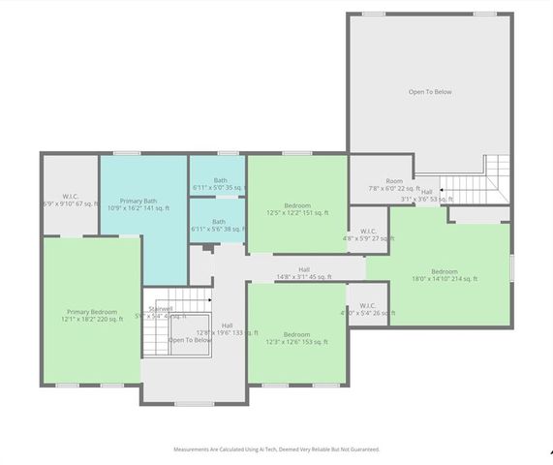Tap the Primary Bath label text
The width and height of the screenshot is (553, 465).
click(138, 201)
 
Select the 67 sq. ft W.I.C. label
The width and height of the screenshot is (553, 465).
click(70, 197)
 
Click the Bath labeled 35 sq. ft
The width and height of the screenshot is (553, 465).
click(219, 180)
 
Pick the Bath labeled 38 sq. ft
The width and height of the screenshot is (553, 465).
click(219, 222)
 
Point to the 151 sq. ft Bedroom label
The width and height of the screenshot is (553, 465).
click(297, 205)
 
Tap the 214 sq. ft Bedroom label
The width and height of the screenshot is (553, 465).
click(445, 271)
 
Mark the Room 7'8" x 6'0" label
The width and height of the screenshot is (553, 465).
click(393, 181)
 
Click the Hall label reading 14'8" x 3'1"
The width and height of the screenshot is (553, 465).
click(304, 270)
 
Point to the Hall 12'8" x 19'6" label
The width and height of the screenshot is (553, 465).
click(227, 325)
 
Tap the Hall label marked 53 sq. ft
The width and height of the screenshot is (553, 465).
click(427, 192)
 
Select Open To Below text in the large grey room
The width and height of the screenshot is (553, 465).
click(430, 92)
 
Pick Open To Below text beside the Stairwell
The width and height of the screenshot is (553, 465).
click(190, 340)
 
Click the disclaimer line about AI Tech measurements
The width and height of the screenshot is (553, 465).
click(276, 449)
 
